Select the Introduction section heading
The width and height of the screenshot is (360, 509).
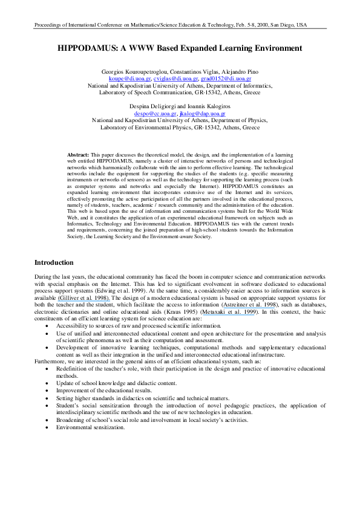click(x=54, y=263)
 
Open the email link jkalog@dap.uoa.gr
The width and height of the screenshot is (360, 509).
click(x=203, y=113)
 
